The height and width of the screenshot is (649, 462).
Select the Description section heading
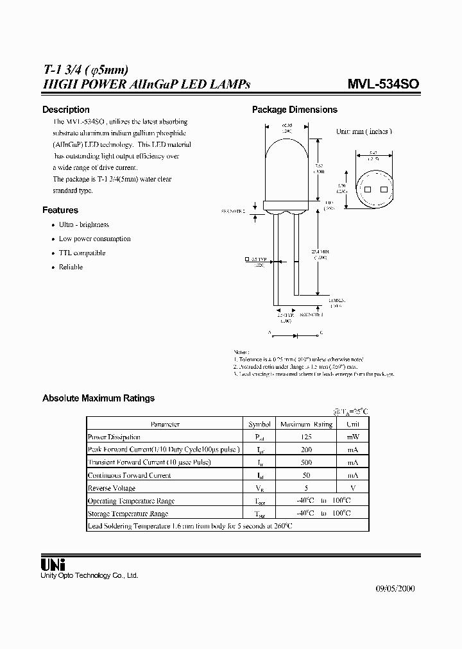coord(65,110)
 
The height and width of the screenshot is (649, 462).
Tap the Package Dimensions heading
coord(295,110)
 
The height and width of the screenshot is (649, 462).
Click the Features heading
coord(60,210)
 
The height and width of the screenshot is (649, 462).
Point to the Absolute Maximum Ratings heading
coord(98,398)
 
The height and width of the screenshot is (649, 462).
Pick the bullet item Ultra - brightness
coord(83,224)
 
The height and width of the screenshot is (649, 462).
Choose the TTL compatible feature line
coord(81,253)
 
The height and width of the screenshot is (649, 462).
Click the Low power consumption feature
coord(94,239)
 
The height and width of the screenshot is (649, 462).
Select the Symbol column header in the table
coord(259,424)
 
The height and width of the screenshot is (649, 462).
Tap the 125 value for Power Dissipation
coord(305,437)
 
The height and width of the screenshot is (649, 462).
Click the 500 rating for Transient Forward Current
coord(305,462)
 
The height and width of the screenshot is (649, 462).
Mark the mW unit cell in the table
coord(353,437)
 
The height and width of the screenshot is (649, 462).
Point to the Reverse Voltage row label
coord(111,488)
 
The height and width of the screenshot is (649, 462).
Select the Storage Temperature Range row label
coord(128,514)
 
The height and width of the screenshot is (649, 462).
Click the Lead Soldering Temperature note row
coord(189,526)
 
